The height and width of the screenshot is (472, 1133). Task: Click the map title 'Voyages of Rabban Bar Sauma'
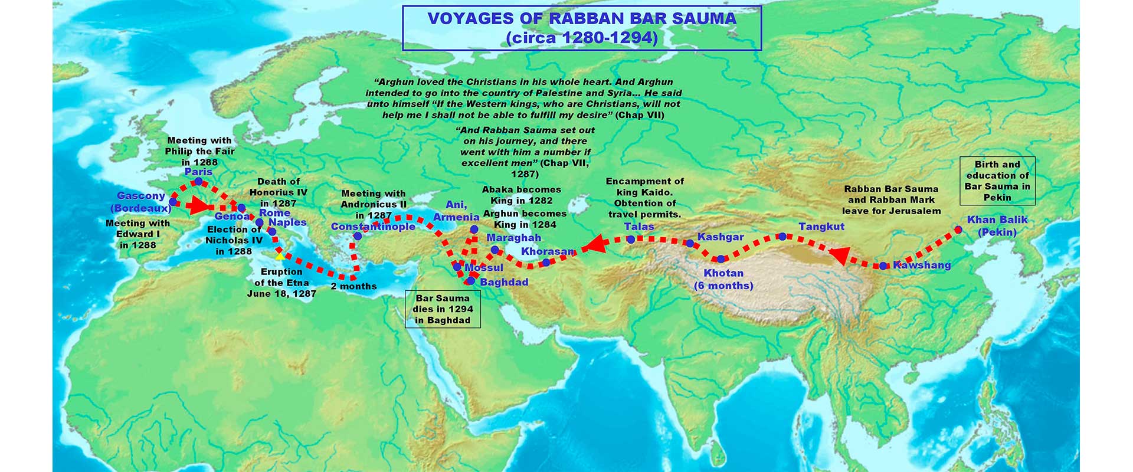pos(581,28)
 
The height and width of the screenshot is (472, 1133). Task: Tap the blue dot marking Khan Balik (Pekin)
pos(958,230)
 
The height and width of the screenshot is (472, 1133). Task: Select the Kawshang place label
pos(922,265)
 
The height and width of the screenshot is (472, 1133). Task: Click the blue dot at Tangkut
pos(782,237)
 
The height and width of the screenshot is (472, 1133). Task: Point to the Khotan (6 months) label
pos(723,279)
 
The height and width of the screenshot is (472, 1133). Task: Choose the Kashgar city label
pos(721,237)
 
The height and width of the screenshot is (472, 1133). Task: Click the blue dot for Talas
pos(631,240)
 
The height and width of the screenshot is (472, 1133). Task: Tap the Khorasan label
pos(547,251)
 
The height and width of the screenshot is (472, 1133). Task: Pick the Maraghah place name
pos(513,237)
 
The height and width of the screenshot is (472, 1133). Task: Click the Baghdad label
pos(504,282)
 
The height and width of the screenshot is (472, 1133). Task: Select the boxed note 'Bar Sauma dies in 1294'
pos(443,309)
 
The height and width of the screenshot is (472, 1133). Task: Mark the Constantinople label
pos(373,227)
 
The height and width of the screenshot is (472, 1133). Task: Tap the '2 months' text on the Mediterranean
pos(353,286)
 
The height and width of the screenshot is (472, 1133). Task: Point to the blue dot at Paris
pos(199,181)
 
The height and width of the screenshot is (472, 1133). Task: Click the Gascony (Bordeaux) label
pos(141,202)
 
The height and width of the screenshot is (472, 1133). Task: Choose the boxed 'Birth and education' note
pos(997,181)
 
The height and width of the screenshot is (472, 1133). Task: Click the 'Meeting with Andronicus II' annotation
pos(374,204)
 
